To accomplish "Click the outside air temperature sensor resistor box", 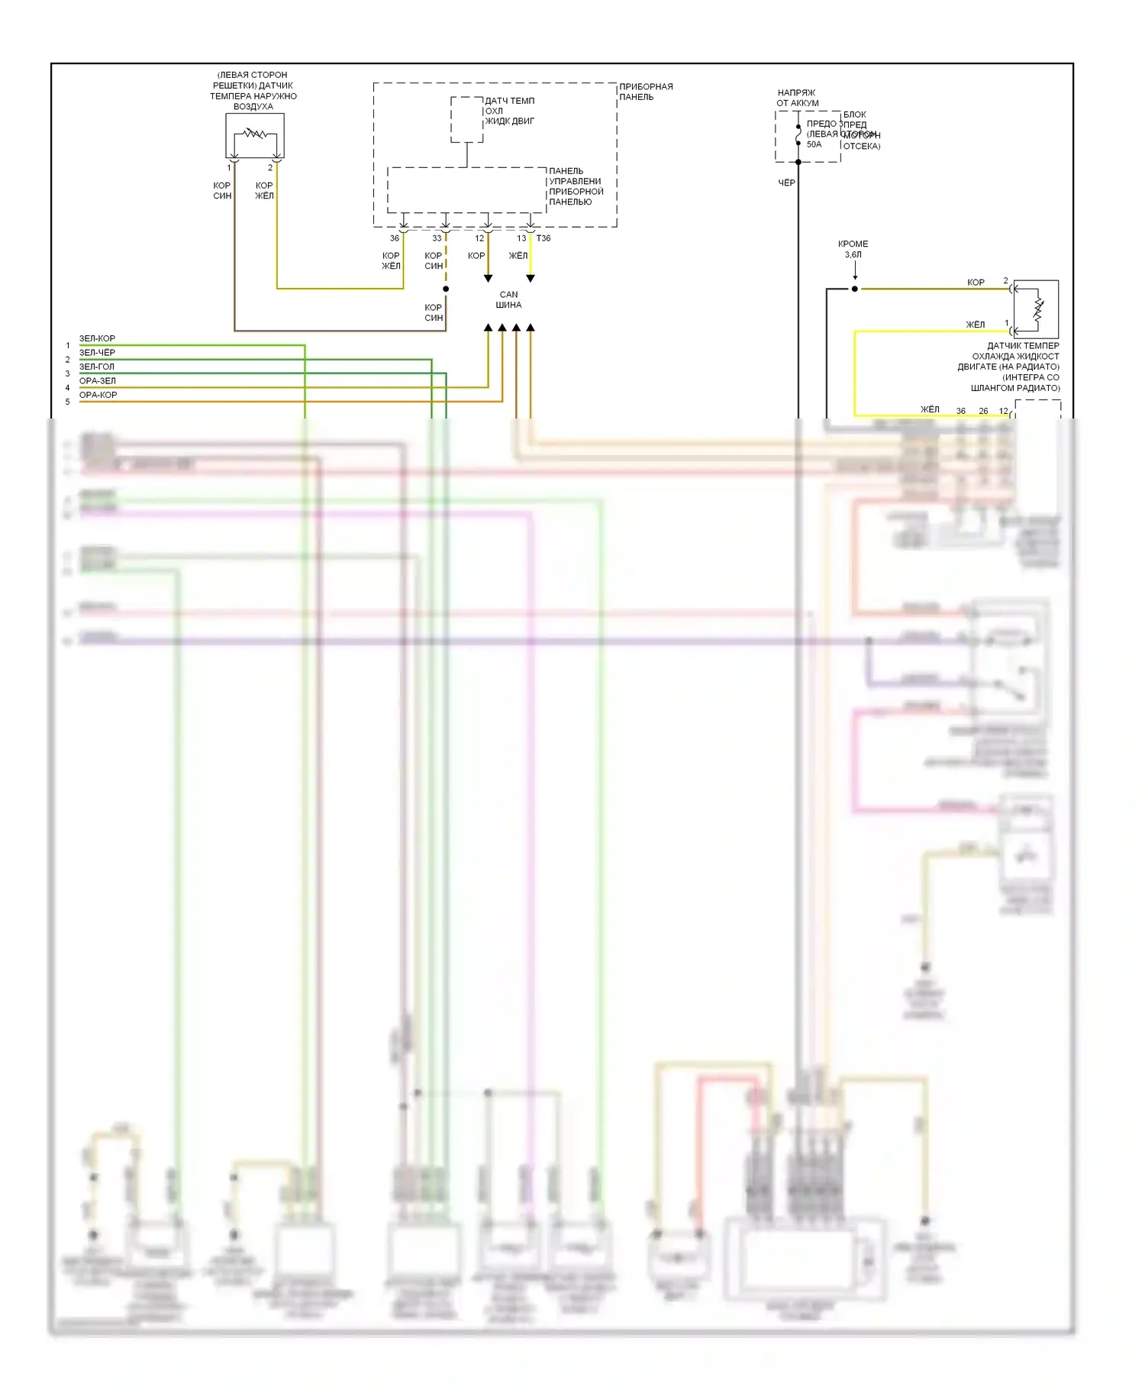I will (255, 135).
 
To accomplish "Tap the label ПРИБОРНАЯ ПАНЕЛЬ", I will (645, 92).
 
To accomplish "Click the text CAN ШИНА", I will (508, 299).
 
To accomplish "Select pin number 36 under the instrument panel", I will (395, 238).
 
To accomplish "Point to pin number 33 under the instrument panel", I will (437, 238).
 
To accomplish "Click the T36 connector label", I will (543, 238).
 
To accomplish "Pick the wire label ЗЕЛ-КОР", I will (97, 338).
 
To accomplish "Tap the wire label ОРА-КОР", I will (98, 395).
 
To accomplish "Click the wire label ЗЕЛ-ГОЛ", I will (97, 367).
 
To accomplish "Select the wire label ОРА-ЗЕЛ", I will (98, 380).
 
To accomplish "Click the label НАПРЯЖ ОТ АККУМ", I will (798, 98).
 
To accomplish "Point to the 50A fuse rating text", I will (814, 144).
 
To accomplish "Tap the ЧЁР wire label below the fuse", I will (786, 183).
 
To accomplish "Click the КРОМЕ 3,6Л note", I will (853, 249).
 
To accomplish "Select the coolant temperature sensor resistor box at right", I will (1035, 309).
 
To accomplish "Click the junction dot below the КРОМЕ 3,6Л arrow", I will (855, 289).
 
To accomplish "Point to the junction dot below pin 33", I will (446, 289).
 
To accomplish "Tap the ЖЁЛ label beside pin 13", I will (518, 256).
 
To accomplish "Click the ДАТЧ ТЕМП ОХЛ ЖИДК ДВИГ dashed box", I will (466, 119).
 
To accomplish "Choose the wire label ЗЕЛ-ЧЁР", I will (97, 353).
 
